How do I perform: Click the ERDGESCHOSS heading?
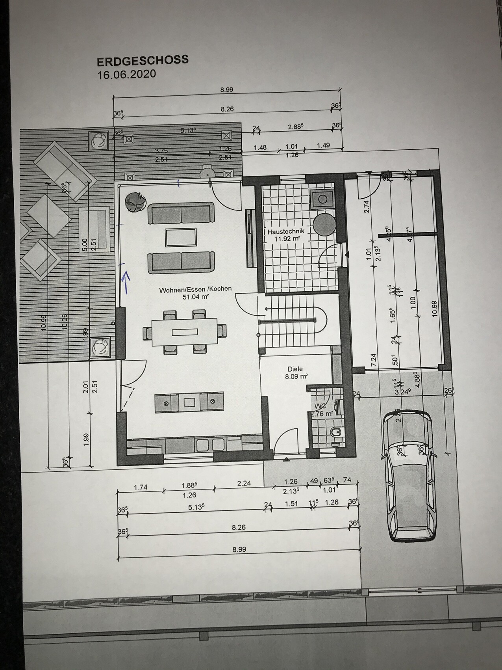tap(143, 60)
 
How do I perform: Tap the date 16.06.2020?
tap(127, 74)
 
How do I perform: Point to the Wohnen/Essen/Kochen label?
tap(195, 289)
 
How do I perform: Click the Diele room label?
tap(295, 369)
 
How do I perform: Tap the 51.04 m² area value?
tap(195, 297)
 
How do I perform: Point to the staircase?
tap(293, 321)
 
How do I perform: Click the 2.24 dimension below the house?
tap(244, 483)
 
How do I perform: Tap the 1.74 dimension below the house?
tap(141, 487)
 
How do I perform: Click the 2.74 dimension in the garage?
tap(367, 207)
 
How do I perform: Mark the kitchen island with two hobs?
tap(189, 402)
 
